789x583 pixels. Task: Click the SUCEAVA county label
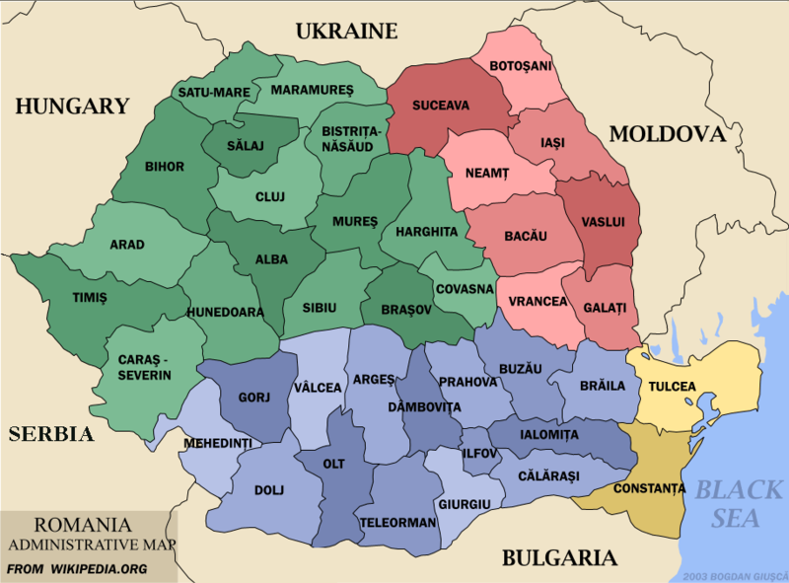(441, 105)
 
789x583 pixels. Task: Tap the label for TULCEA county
(672, 387)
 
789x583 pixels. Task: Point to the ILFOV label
(480, 455)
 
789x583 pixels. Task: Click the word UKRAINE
(346, 31)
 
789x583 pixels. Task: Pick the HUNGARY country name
(72, 106)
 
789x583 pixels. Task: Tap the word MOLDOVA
(666, 134)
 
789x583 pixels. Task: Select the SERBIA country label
(50, 434)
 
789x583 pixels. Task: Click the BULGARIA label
(559, 558)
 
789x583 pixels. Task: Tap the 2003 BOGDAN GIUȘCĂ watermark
(736, 575)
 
